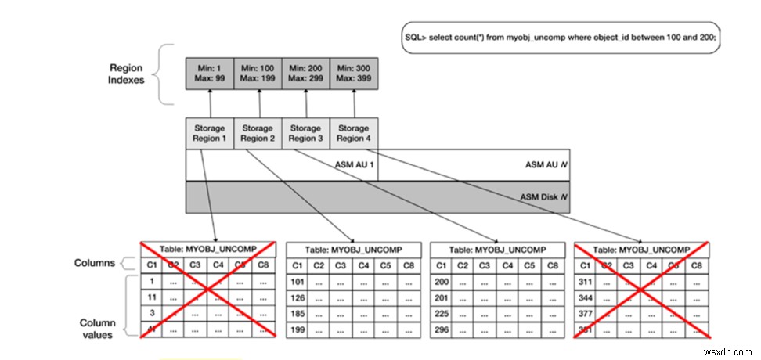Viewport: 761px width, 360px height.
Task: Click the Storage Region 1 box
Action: click(208, 133)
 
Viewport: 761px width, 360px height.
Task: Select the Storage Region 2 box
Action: click(258, 133)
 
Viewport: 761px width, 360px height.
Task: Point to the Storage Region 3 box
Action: click(305, 133)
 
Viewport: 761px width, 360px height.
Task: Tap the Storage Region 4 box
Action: click(353, 133)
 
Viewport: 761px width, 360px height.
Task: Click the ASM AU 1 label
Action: click(355, 166)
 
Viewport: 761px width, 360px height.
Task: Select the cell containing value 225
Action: click(442, 314)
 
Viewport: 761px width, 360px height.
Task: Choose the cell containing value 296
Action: click(442, 330)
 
